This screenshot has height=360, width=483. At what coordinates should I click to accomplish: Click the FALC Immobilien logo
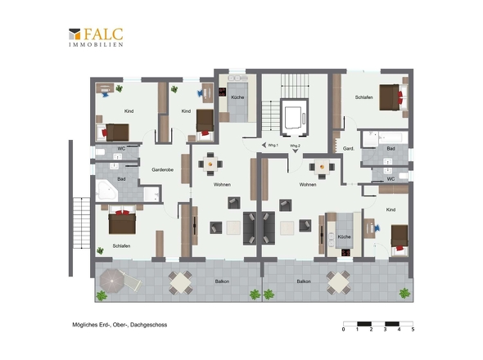(96, 38)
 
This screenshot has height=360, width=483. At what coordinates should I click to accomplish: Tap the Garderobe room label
(162, 169)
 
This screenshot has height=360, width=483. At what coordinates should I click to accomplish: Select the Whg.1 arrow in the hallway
(264, 145)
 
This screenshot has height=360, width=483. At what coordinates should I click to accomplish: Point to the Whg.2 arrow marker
(295, 151)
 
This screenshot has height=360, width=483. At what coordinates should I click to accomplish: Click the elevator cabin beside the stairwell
(294, 117)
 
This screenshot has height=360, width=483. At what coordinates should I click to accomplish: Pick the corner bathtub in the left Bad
(106, 191)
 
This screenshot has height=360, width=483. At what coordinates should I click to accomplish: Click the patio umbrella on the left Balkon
(111, 281)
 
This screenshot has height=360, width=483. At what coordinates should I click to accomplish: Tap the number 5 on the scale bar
(413, 330)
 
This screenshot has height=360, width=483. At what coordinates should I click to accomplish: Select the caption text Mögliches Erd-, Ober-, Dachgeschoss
(120, 325)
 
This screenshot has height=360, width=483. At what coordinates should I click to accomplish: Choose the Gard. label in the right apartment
(349, 148)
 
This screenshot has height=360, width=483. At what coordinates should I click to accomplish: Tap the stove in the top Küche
(222, 92)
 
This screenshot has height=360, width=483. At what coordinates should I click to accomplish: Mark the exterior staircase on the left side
(81, 223)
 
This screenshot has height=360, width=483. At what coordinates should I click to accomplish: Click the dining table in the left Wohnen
(210, 164)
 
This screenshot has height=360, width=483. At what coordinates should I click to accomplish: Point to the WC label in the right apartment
(390, 179)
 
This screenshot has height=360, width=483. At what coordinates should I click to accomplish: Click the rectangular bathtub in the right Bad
(385, 137)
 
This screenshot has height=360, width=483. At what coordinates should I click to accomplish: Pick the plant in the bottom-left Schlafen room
(100, 250)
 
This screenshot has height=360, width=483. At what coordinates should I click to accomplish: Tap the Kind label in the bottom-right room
(390, 209)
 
